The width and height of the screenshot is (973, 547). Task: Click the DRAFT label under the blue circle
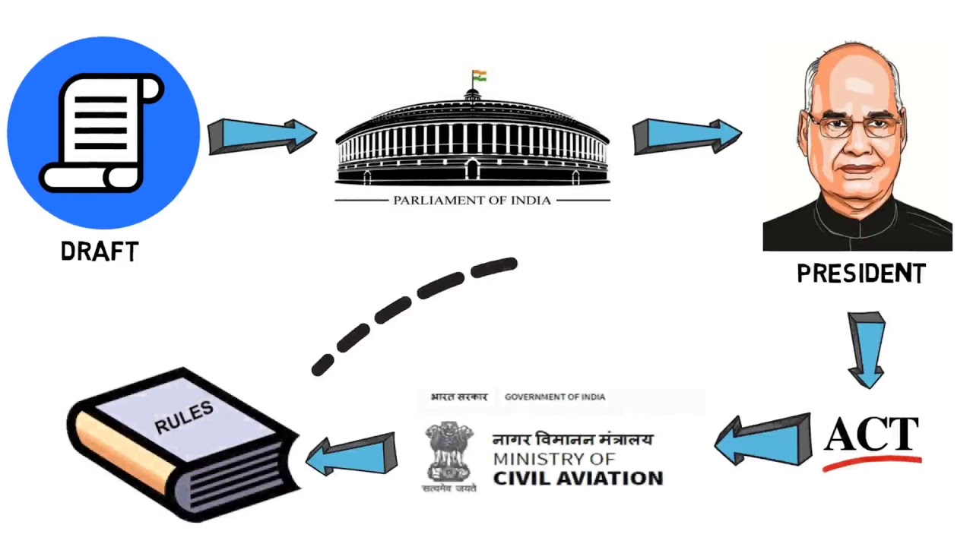point(100,251)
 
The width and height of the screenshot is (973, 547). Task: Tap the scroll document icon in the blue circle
point(102,132)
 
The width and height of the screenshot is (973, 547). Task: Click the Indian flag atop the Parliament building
point(479,76)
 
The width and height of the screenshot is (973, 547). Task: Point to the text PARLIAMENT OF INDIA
point(471,201)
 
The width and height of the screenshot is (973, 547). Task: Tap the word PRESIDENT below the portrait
point(860,274)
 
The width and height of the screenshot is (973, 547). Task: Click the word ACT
point(872,435)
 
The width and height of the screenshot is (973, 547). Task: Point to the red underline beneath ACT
point(872,461)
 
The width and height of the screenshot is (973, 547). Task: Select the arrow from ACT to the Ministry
point(764,441)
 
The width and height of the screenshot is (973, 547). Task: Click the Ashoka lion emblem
point(449,452)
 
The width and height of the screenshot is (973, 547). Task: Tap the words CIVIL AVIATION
point(578,479)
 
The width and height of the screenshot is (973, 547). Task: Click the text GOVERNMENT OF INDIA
point(555,397)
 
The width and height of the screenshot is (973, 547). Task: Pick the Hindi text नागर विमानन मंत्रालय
point(572,439)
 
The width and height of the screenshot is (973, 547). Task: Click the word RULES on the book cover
point(184,417)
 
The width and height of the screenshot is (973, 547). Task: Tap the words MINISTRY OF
point(553,459)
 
